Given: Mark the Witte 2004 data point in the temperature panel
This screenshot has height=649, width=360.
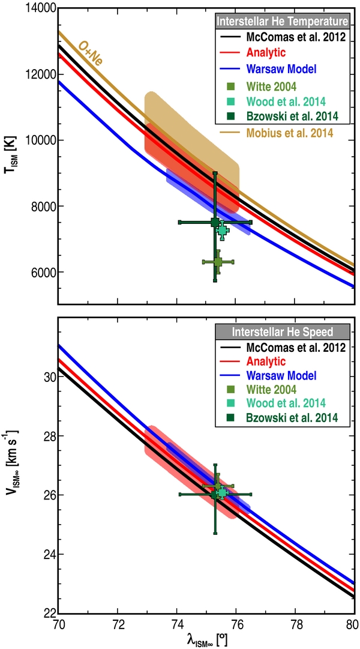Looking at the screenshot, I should [x=218, y=262].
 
